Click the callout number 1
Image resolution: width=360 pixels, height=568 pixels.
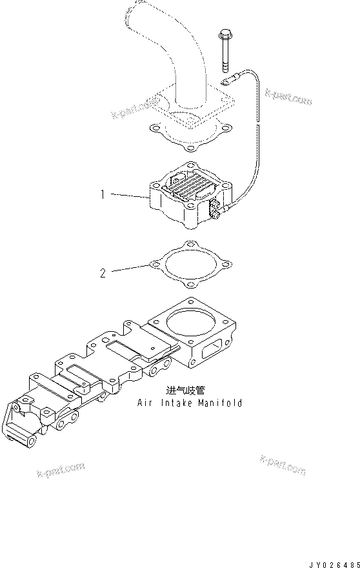click(102, 193)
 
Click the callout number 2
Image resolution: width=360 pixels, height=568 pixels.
click(103, 272)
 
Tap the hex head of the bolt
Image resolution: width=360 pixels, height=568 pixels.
click(225, 33)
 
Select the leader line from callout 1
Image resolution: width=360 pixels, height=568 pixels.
click(128, 193)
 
